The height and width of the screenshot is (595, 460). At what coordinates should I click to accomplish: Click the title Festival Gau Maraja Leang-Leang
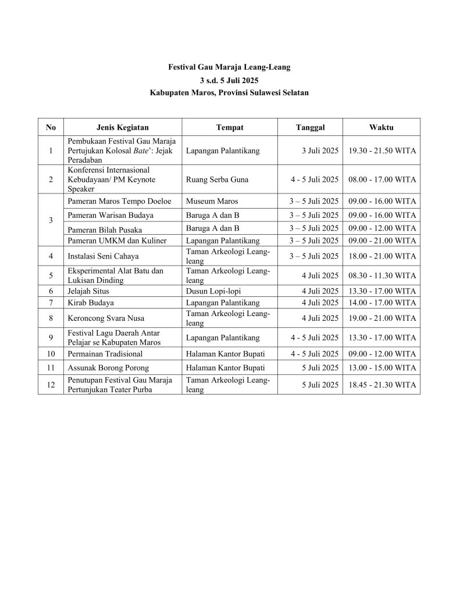coord(229,67)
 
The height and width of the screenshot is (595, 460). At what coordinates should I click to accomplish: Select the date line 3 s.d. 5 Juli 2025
coord(229,80)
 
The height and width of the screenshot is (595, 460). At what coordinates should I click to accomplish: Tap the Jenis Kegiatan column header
coord(122,127)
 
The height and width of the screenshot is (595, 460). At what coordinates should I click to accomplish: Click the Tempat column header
coord(229,127)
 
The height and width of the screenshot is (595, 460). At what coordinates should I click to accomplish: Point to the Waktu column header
coord(381,127)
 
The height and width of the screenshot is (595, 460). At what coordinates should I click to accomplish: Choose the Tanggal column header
coord(310,127)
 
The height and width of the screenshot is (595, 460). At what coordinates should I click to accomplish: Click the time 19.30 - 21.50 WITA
coord(381,151)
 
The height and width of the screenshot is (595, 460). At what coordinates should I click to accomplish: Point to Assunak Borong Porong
coord(108,368)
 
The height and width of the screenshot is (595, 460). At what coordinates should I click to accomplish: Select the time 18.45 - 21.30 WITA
coord(381,385)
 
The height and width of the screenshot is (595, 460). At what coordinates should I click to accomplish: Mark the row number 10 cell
coord(51,353)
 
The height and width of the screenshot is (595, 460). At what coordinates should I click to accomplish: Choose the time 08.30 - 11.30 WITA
coord(381,275)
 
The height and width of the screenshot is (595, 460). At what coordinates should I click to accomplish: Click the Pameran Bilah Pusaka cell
coord(104,230)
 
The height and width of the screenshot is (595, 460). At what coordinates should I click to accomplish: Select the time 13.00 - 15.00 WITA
coord(381,368)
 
